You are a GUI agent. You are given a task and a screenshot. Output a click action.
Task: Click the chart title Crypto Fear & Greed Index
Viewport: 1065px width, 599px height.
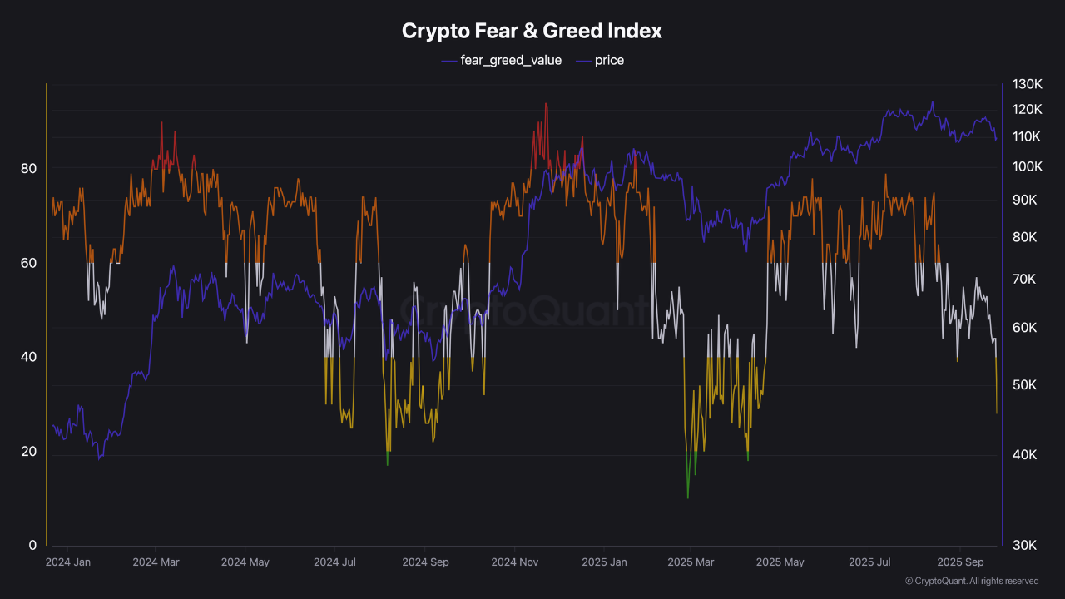[x=532, y=31]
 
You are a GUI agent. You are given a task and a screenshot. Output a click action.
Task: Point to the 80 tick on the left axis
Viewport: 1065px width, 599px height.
[x=28, y=168]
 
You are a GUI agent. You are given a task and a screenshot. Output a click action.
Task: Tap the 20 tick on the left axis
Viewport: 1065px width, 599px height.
[x=28, y=451]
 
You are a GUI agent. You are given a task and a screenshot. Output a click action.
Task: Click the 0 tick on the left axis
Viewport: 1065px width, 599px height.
[x=32, y=546]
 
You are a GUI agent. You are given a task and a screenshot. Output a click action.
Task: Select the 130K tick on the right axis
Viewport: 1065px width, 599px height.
[x=1028, y=84]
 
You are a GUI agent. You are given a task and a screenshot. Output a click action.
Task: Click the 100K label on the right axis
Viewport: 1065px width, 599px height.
[x=1028, y=166]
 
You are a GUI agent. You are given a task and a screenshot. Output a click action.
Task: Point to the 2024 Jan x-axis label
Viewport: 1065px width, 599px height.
[x=68, y=562]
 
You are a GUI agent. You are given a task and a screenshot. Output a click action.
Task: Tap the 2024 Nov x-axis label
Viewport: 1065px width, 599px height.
[x=515, y=562]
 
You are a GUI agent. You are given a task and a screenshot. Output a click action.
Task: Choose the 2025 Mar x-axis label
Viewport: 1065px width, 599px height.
[x=691, y=562]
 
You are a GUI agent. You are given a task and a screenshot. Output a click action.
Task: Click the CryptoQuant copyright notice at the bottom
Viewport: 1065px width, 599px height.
[x=971, y=581]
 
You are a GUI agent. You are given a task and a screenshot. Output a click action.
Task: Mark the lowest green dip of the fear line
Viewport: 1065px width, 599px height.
[x=688, y=498]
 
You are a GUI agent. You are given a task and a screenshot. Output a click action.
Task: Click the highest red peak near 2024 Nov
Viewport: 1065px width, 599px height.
[x=546, y=104]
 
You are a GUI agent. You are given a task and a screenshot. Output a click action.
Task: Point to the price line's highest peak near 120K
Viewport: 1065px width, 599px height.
[x=932, y=102]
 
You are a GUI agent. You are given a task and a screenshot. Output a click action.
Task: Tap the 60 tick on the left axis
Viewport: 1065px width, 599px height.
[x=28, y=262]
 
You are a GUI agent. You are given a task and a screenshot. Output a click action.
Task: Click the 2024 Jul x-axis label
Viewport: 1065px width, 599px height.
[x=334, y=562]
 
